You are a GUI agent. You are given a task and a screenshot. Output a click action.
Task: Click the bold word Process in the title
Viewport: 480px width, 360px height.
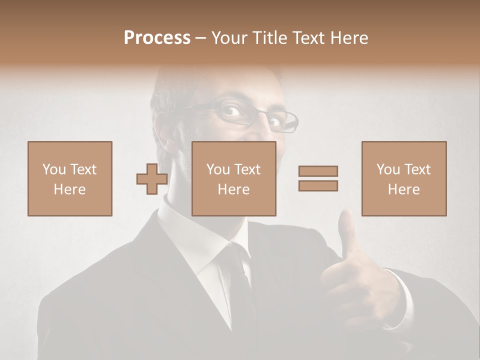[157, 38]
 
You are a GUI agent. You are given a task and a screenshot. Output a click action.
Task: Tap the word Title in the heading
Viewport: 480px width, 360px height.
[268, 38]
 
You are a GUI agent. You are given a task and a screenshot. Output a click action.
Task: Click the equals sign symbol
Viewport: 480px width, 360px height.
[318, 178]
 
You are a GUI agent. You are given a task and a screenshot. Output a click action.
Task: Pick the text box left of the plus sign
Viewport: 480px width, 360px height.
[69, 178]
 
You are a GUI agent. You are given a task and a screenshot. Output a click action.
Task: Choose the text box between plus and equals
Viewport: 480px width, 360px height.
[233, 178]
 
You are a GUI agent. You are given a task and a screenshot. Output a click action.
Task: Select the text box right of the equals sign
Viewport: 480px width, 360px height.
[403, 178]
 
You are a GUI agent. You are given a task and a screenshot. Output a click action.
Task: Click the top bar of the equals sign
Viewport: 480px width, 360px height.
[318, 171]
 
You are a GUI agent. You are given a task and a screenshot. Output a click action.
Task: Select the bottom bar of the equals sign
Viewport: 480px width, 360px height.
[318, 186]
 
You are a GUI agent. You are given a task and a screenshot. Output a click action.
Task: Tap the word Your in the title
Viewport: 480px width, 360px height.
[229, 38]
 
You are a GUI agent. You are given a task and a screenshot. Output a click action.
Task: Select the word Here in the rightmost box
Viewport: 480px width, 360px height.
[403, 189]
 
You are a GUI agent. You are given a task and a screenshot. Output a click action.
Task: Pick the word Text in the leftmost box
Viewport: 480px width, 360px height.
[83, 169]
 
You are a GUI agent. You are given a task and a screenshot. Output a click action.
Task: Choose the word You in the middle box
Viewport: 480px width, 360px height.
[218, 169]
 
